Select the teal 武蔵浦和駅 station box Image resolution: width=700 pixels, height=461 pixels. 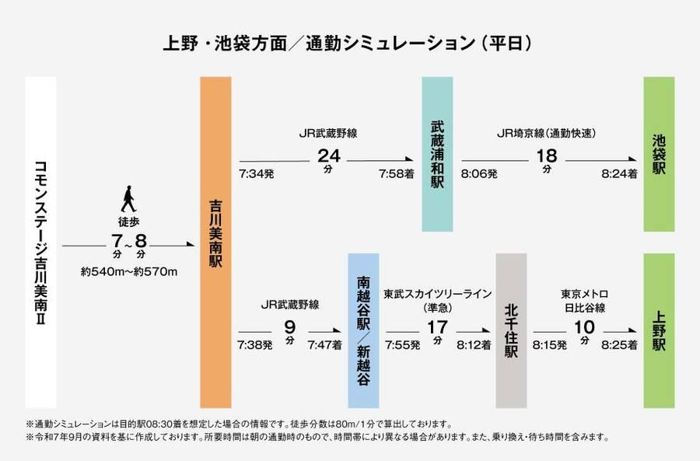[x=436, y=154]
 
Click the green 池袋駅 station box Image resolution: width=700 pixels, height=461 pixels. [x=659, y=154]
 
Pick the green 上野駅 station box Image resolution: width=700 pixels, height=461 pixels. [x=659, y=330]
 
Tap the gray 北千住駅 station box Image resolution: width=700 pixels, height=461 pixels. [x=511, y=330]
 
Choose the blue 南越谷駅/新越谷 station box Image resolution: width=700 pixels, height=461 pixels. [x=363, y=330]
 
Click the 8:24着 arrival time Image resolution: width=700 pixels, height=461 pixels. [x=619, y=174]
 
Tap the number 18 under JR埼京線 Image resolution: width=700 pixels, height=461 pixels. [x=547, y=155]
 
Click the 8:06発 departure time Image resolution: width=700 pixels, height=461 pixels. [x=479, y=174]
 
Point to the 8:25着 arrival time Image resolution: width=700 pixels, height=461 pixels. [x=620, y=344]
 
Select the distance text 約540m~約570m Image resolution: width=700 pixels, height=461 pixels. [x=129, y=271]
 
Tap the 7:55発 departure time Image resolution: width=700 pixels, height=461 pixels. [x=402, y=344]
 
